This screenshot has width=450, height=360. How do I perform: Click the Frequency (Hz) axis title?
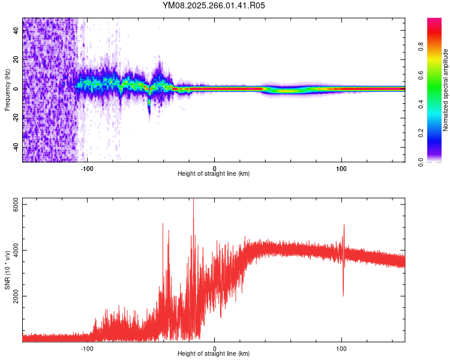pos(7,90)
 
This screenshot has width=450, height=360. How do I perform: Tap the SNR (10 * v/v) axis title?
pos(7,270)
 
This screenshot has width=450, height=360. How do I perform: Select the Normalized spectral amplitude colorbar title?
pos(445,90)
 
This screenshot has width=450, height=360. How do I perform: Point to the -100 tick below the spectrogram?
pos(88,167)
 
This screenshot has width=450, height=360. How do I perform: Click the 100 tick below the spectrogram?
pos(341,167)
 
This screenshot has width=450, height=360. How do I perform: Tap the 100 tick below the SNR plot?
pos(341,347)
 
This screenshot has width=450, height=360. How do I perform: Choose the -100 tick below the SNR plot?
pos(88,347)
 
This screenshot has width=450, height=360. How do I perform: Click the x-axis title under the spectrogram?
pos(214,174)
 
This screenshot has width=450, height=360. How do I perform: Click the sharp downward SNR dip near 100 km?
pos(343,294)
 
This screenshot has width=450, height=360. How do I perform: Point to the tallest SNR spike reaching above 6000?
pos(193,201)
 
